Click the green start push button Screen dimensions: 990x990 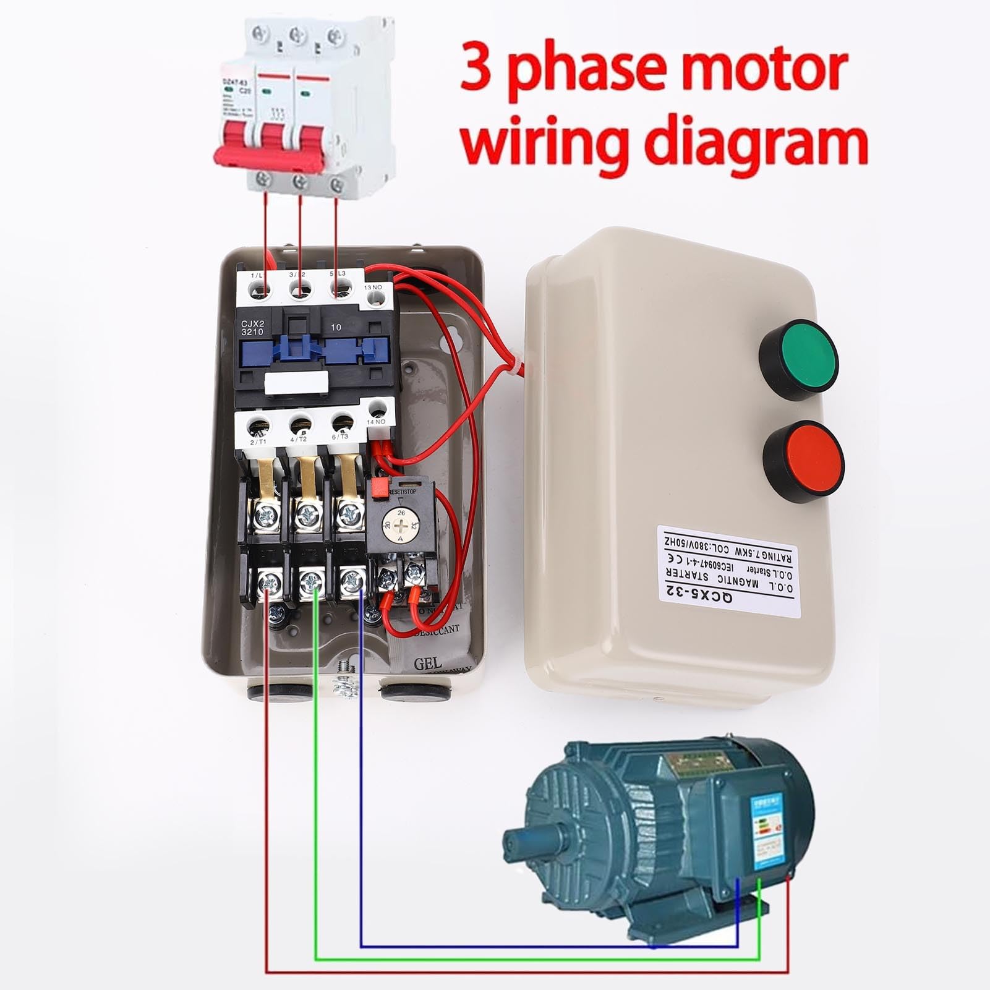coord(798,359)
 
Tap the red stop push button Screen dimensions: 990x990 coord(803,461)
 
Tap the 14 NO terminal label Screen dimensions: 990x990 coord(376,422)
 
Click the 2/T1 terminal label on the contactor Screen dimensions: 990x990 coord(257,442)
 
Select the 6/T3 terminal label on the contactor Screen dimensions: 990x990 coord(340,437)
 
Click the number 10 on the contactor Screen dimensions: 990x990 coord(336,326)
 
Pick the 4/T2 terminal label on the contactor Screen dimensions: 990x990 coord(299,440)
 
